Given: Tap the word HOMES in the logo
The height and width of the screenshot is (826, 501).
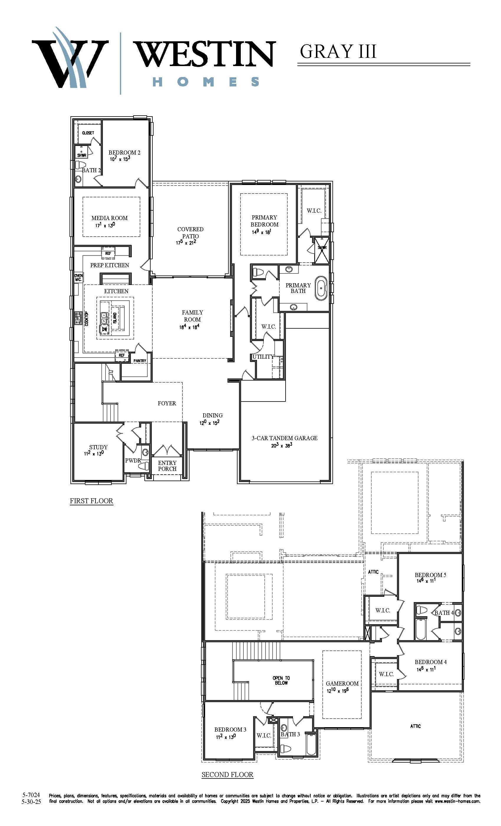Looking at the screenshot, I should pyautogui.click(x=206, y=82).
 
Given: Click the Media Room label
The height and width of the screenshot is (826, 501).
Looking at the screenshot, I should pyautogui.click(x=110, y=218).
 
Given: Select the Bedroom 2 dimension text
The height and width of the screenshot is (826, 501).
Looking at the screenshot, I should pyautogui.click(x=120, y=159).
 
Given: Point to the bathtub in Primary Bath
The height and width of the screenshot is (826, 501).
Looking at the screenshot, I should pyautogui.click(x=321, y=288).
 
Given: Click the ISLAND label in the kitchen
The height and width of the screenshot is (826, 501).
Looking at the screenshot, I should pyautogui.click(x=115, y=317).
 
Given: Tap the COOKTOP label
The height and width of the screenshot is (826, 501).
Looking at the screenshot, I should pyautogui.click(x=87, y=319).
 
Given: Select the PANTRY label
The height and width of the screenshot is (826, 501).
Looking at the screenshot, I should pyautogui.click(x=140, y=361).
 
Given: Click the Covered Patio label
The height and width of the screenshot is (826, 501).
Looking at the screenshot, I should pyautogui.click(x=190, y=232).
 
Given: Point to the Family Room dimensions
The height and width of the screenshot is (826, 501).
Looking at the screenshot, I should pyautogui.click(x=189, y=327).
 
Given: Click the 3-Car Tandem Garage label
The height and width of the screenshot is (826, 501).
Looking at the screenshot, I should pyautogui.click(x=284, y=438).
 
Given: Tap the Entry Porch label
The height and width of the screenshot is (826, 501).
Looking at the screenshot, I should pyautogui.click(x=167, y=466).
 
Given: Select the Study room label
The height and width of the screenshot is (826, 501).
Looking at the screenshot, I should pyautogui.click(x=98, y=447).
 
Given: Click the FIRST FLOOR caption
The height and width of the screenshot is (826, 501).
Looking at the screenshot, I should pyautogui.click(x=91, y=501).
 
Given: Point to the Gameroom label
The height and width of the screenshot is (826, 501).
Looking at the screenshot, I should pyautogui.click(x=342, y=683).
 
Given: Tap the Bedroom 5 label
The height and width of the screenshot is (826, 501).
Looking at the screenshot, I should pyautogui.click(x=430, y=575).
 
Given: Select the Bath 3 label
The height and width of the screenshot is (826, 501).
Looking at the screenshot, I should pyautogui.click(x=290, y=735).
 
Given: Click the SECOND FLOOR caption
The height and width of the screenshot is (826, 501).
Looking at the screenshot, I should pyautogui.click(x=228, y=774).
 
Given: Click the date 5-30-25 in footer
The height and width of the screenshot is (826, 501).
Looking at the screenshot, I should pyautogui.click(x=31, y=802).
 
